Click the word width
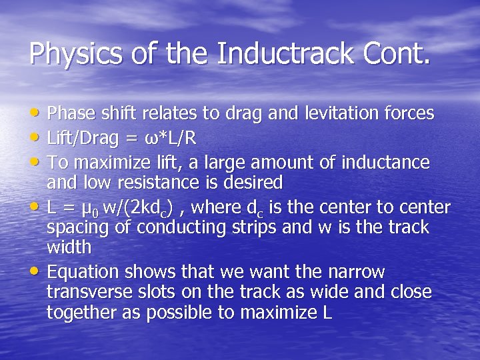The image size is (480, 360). [x=69, y=248]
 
